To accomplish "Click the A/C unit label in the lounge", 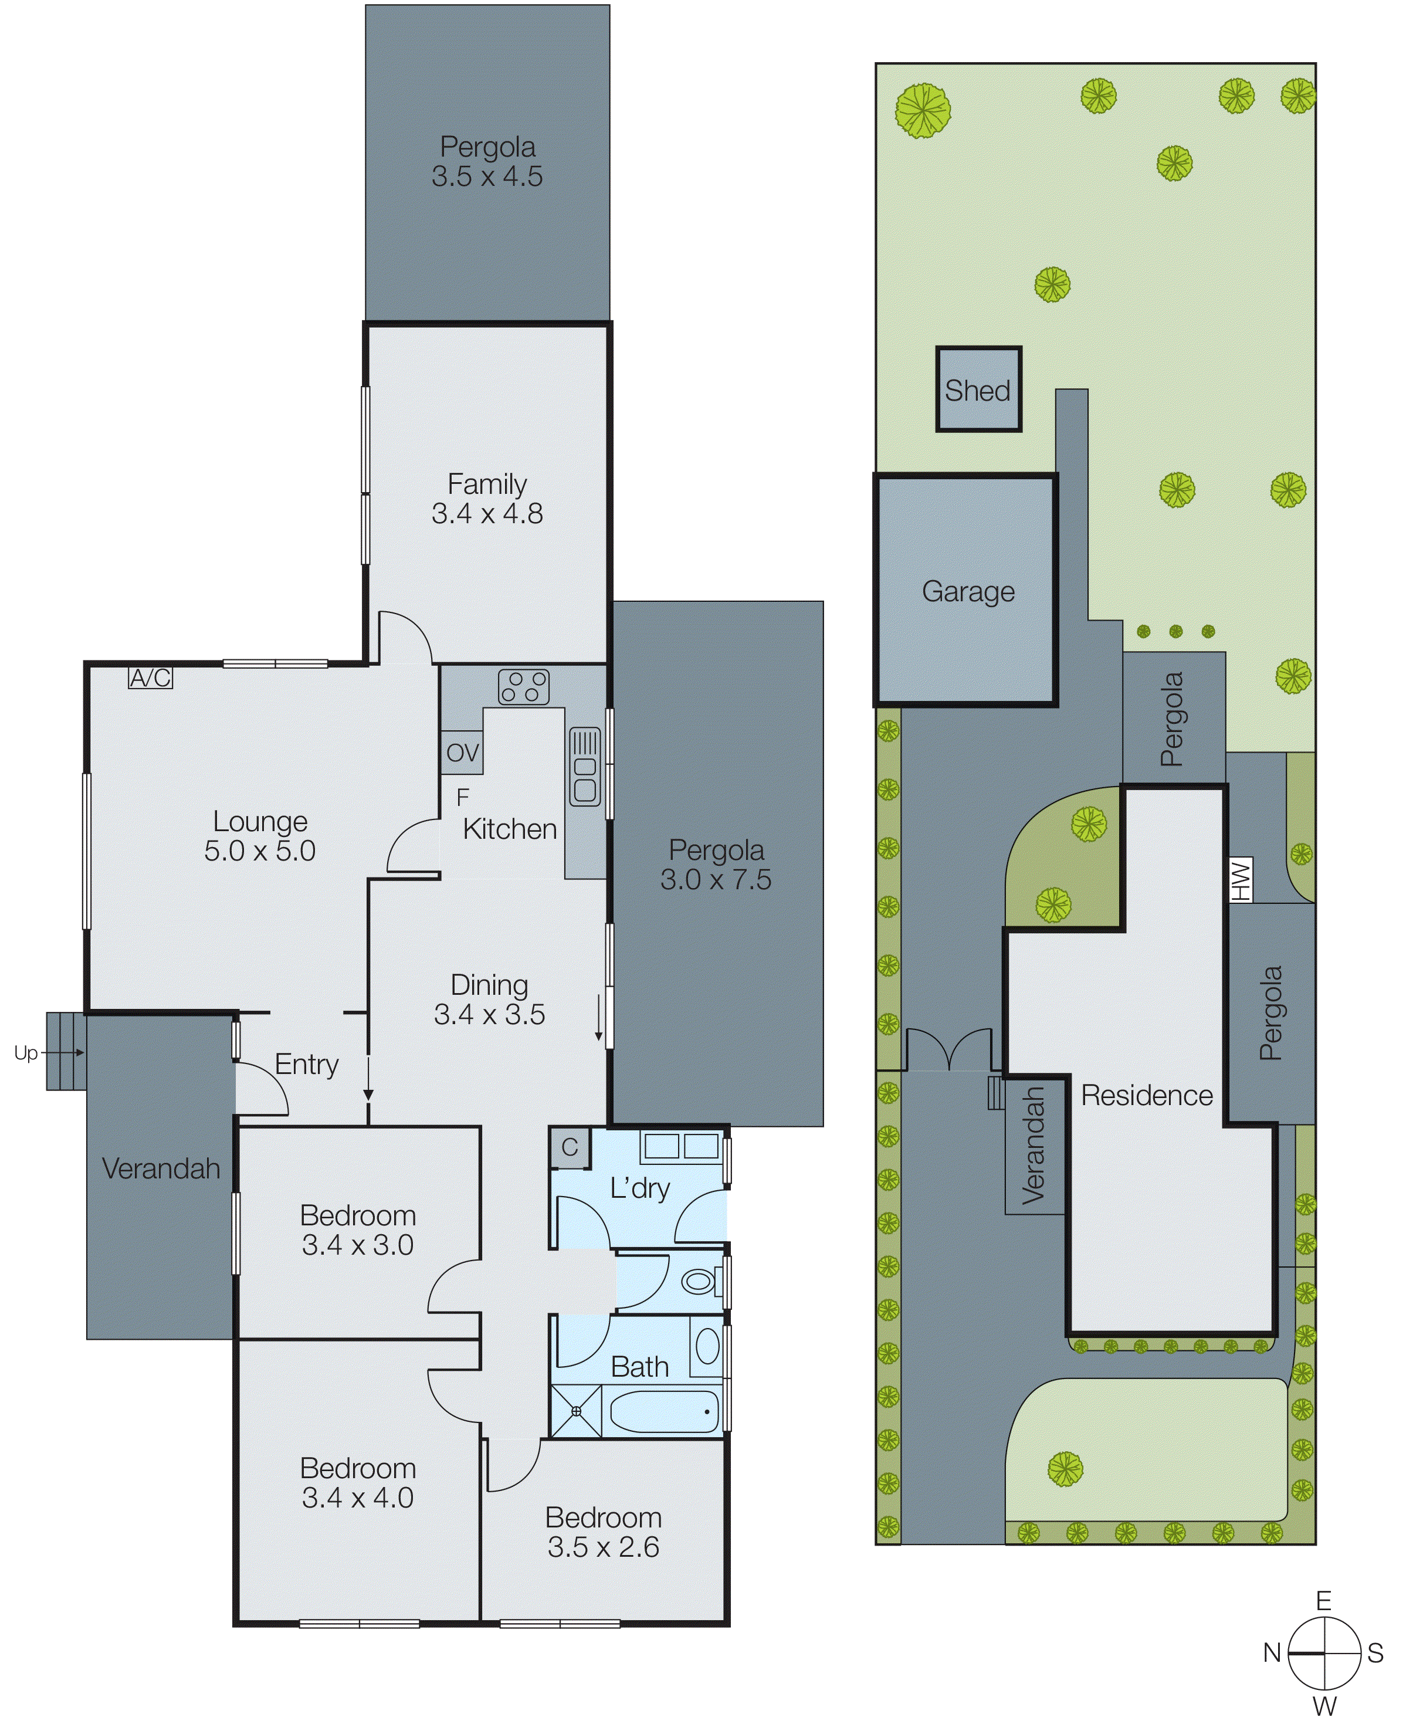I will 151,677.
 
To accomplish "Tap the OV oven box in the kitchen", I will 462,753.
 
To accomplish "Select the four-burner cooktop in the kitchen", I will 523,686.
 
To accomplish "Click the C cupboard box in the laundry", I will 569,1147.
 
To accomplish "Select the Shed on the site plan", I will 978,390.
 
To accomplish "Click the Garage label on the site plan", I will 968,592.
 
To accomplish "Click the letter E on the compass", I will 1323,1601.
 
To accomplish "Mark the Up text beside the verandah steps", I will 25,1053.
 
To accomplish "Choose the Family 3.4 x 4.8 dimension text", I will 487,513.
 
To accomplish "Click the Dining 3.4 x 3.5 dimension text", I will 489,1014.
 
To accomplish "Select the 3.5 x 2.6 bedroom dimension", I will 603,1546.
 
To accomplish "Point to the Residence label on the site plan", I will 1146,1095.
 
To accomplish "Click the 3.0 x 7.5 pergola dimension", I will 716,879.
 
